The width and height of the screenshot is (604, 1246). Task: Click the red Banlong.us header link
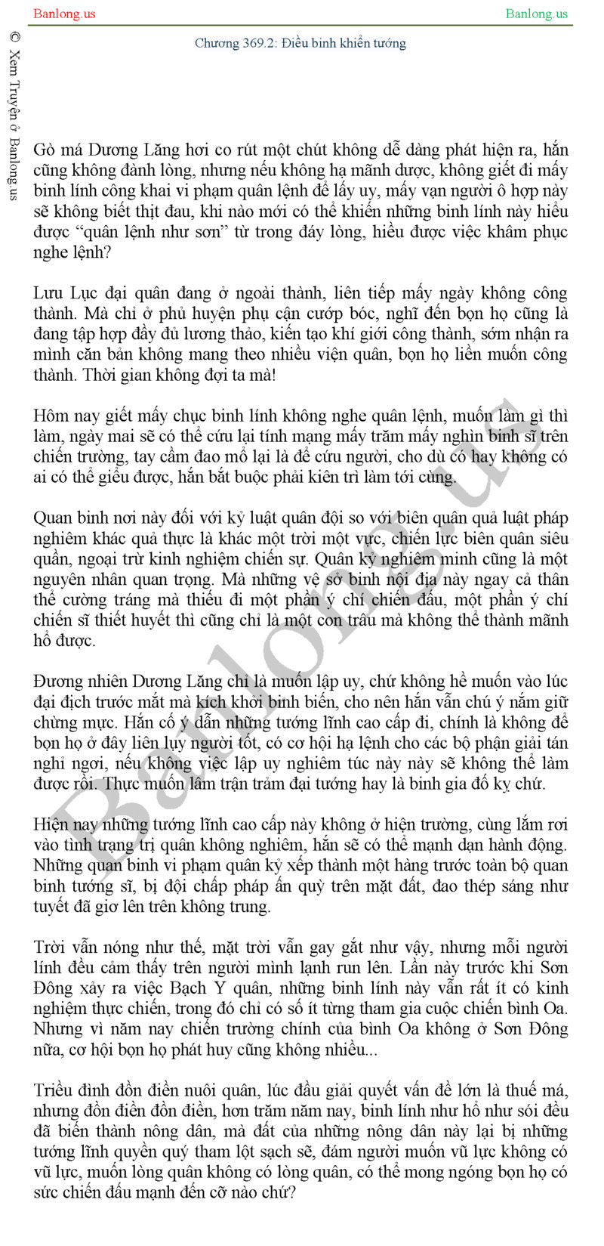65,14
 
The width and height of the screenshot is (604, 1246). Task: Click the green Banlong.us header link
536,14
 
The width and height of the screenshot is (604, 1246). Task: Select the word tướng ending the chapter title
389,43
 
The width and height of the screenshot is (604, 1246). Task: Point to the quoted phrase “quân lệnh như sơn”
148,232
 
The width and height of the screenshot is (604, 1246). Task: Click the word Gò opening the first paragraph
44,150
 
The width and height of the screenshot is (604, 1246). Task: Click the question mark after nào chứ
292,1193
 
